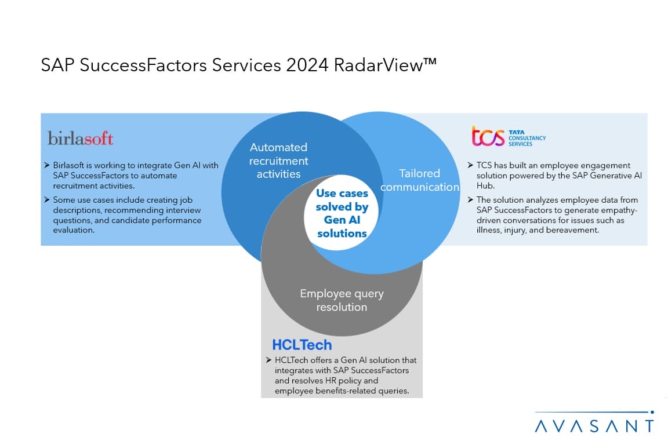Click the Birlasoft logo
coord(80,138)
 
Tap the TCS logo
coord(509,136)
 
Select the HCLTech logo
coord(302,345)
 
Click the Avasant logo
coord(594,422)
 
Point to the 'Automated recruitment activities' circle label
coord(278,161)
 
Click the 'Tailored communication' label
coord(420,180)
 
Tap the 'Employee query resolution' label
coord(342,300)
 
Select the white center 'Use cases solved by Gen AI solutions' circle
coord(341,213)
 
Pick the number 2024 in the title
coord(307,65)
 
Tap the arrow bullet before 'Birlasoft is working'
coord(47,165)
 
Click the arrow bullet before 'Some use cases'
coord(47,199)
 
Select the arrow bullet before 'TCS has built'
coord(470,165)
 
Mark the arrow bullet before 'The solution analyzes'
coord(470,199)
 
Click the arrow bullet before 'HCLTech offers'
coord(268,360)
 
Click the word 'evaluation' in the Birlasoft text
coord(73,230)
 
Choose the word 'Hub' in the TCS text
coord(485,185)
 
